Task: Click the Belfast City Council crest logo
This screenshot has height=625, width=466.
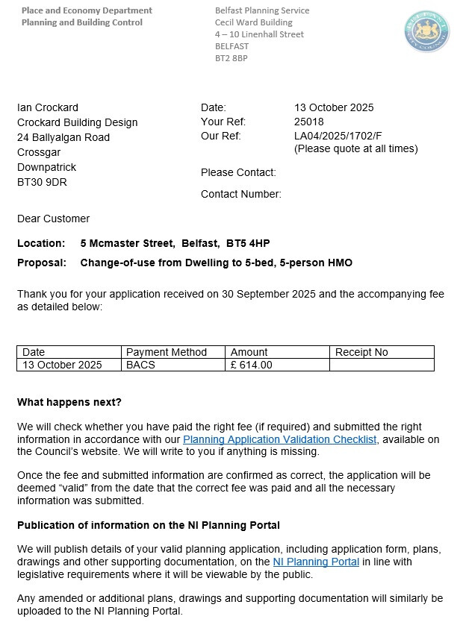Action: click(x=426, y=32)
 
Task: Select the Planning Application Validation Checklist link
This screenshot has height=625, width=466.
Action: click(x=279, y=439)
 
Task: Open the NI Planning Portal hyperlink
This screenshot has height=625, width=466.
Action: click(x=316, y=562)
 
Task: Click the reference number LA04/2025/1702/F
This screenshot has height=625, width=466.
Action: click(x=338, y=136)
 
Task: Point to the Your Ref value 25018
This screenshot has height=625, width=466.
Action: click(x=309, y=122)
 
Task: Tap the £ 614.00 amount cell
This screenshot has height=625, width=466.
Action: click(x=252, y=365)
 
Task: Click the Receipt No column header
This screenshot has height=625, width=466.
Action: click(x=361, y=352)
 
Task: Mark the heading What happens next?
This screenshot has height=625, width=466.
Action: click(x=69, y=402)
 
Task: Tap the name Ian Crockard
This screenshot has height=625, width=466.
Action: click(x=47, y=107)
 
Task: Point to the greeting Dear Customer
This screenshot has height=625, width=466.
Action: click(x=53, y=219)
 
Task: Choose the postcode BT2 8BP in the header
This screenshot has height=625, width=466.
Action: click(x=231, y=58)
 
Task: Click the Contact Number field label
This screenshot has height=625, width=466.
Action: click(x=240, y=194)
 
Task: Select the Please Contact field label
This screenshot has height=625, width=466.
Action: click(x=238, y=172)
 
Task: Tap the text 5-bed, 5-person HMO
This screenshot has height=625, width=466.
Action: click(x=297, y=263)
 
